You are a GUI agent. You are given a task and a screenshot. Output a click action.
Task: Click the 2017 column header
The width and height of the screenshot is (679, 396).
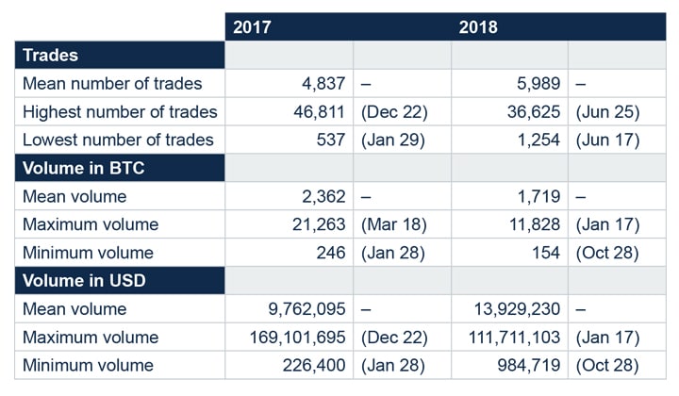pyautogui.click(x=252, y=26)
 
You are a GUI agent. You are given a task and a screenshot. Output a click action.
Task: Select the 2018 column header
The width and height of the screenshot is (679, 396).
pyautogui.click(x=478, y=26)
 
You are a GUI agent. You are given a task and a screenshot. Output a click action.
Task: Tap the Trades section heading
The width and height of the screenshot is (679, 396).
pyautogui.click(x=50, y=55)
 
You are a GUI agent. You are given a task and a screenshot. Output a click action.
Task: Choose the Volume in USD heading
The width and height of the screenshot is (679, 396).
pyautogui.click(x=82, y=280)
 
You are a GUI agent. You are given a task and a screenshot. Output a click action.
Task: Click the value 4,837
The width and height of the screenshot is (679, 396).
pyautogui.click(x=323, y=83)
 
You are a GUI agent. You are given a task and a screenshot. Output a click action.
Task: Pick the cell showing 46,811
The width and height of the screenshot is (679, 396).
pyautogui.click(x=318, y=111)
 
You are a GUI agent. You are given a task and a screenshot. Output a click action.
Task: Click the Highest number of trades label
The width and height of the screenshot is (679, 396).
pyautogui.click(x=120, y=111)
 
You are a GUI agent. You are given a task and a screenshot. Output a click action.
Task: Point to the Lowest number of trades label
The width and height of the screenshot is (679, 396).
pyautogui.click(x=118, y=140)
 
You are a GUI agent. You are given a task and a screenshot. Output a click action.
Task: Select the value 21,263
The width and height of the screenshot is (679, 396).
pyautogui.click(x=318, y=224)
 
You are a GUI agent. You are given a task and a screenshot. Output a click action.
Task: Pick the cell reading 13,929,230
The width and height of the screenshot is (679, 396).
pyautogui.click(x=515, y=308)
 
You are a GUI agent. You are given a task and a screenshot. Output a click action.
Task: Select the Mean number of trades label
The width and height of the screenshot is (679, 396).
pyautogui.click(x=108, y=83)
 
